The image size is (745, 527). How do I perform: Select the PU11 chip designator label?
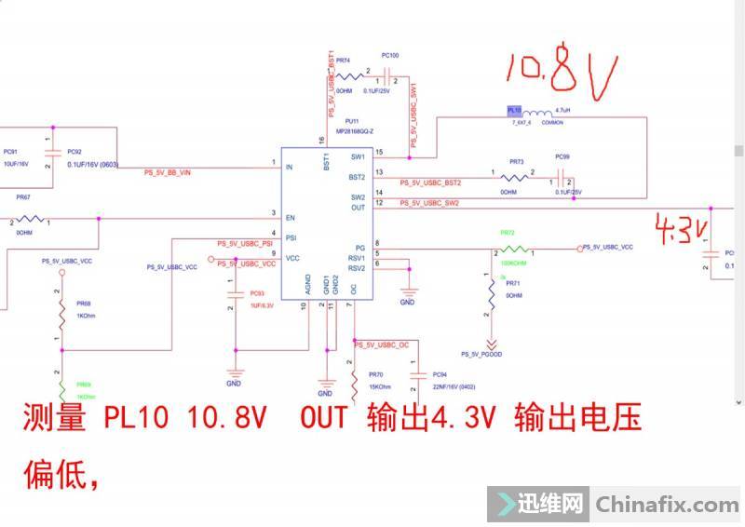(x=351, y=121)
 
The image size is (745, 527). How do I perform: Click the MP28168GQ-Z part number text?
(x=355, y=131)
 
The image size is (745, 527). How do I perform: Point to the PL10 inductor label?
(x=515, y=111)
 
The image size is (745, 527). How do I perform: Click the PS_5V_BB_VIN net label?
(x=168, y=173)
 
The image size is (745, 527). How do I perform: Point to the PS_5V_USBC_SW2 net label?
(x=429, y=203)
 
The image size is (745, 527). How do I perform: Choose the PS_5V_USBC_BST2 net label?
(x=431, y=182)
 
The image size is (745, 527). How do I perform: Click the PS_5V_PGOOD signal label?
(x=482, y=354)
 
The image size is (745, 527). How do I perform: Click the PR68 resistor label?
(x=84, y=304)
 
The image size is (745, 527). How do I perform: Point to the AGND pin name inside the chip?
(x=308, y=283)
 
